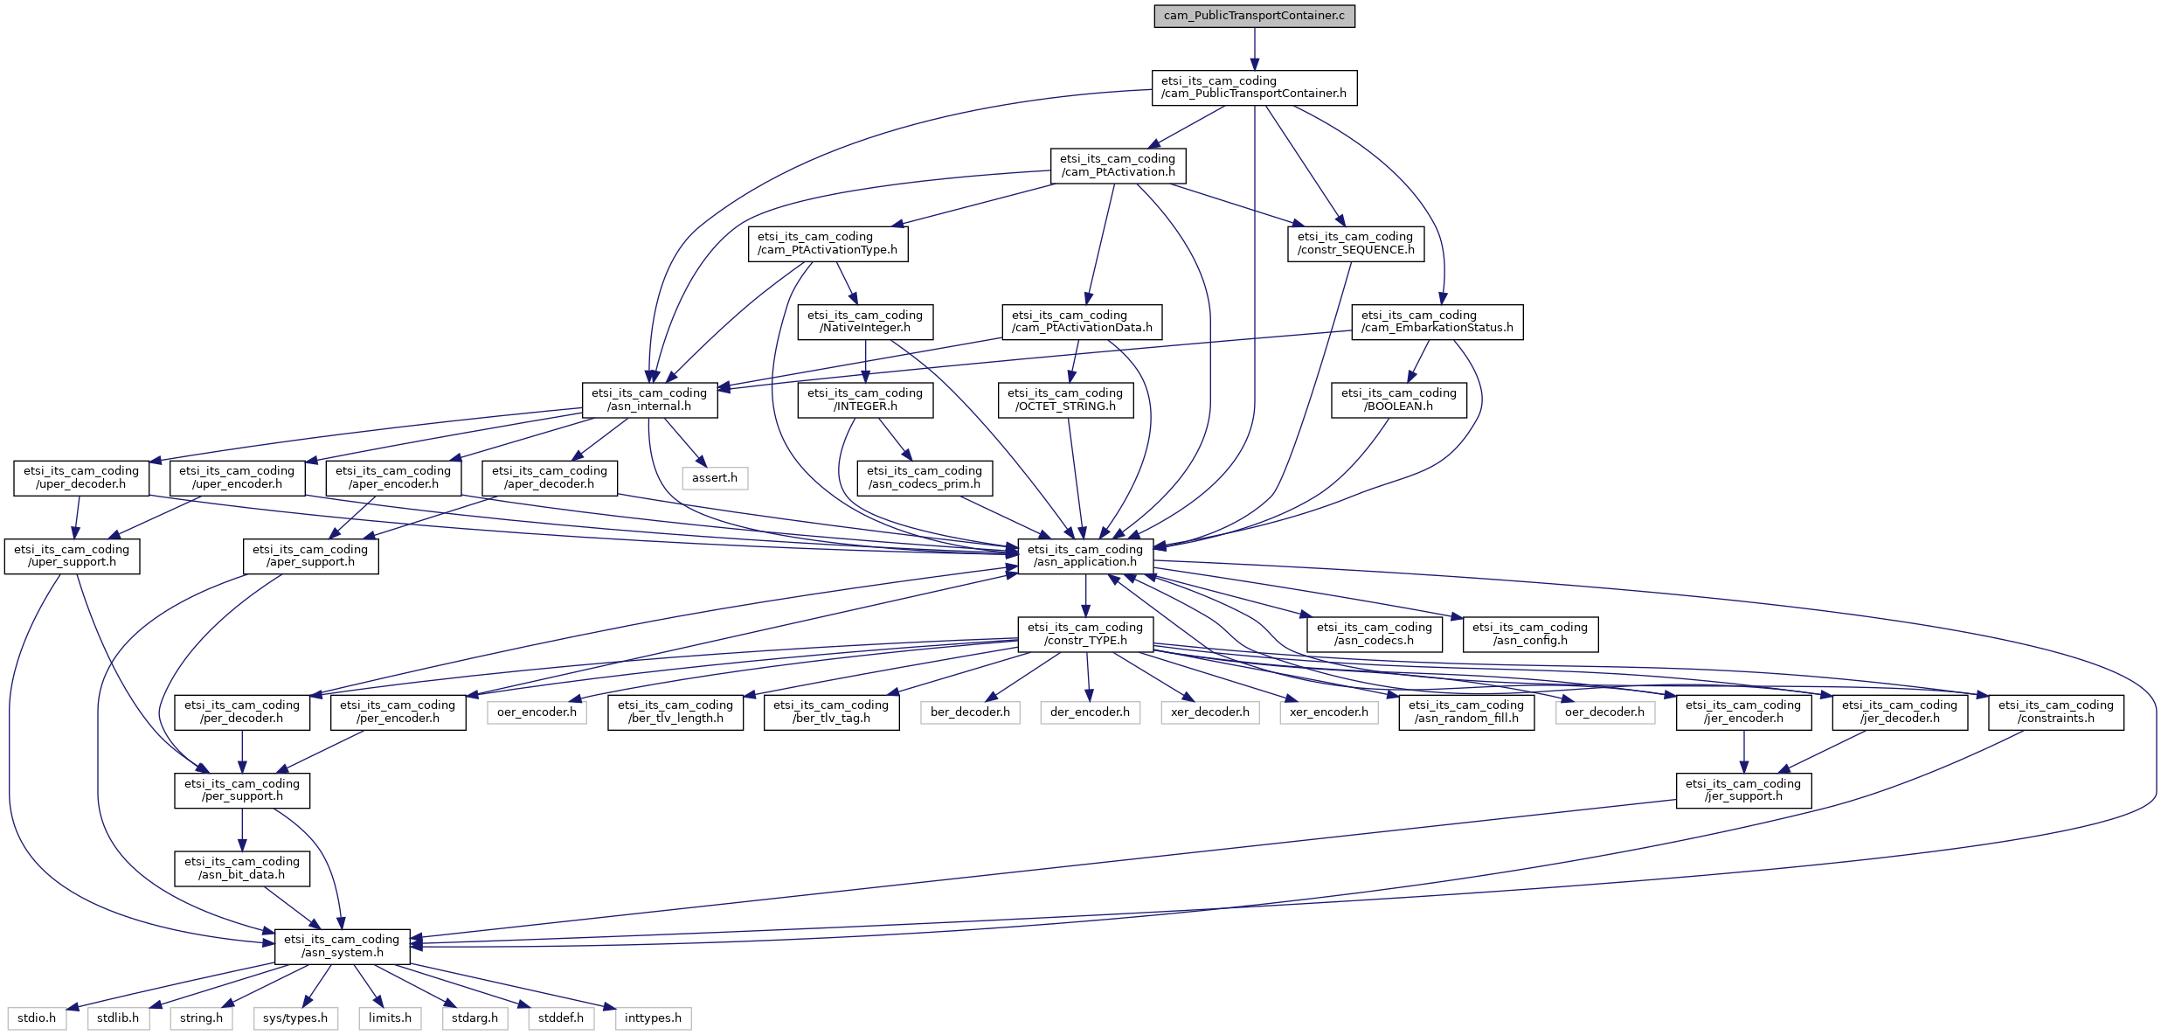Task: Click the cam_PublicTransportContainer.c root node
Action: click(1254, 16)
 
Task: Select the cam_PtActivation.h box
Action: click(1118, 165)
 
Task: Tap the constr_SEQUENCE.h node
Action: click(1355, 243)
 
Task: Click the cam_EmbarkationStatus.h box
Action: click(1437, 322)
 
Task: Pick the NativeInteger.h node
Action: click(865, 322)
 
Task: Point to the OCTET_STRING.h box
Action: click(1065, 399)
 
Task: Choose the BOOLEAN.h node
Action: click(1399, 399)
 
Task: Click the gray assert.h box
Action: click(715, 478)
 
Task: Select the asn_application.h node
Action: click(1085, 556)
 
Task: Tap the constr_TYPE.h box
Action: click(1085, 634)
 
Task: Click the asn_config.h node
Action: click(1530, 634)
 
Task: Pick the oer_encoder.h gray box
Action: click(537, 712)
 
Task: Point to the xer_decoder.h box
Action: click(1210, 712)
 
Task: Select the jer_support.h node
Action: click(1743, 790)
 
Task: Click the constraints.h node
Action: click(2056, 712)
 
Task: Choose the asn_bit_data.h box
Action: click(242, 868)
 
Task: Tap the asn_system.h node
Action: click(343, 946)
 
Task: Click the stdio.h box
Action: click(37, 1018)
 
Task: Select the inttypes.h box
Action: click(654, 1018)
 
